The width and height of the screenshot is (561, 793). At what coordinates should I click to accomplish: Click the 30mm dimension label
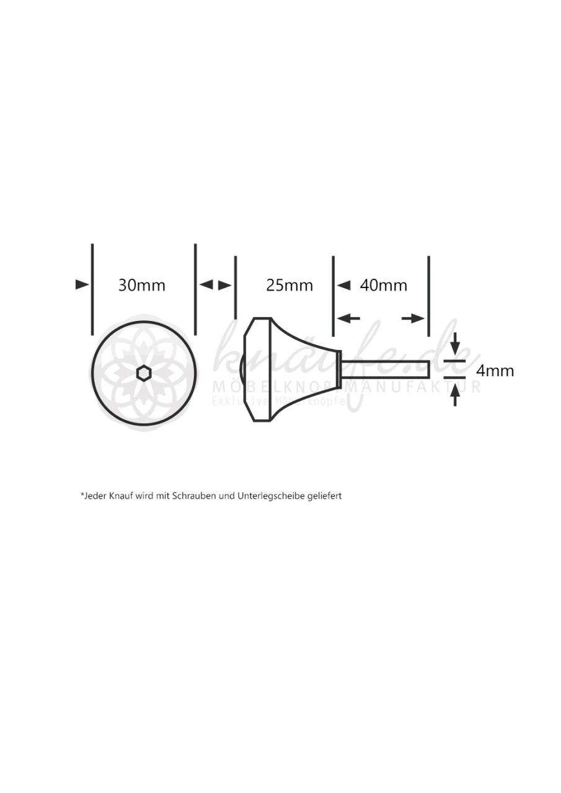(142, 285)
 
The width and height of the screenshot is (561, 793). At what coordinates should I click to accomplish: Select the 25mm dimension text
(289, 285)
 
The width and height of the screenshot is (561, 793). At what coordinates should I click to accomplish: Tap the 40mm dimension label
(383, 285)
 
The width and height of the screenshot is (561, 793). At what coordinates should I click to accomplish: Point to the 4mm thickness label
(495, 370)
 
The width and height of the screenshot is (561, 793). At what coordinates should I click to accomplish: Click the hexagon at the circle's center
(144, 373)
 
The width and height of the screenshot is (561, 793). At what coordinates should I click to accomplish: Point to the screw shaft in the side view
(384, 369)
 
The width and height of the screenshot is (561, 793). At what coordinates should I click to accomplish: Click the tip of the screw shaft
(429, 369)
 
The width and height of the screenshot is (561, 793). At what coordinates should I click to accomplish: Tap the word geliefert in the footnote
(325, 496)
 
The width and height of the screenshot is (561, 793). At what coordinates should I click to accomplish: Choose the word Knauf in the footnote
(121, 496)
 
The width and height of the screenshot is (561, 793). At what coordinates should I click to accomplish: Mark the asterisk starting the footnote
(82, 494)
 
